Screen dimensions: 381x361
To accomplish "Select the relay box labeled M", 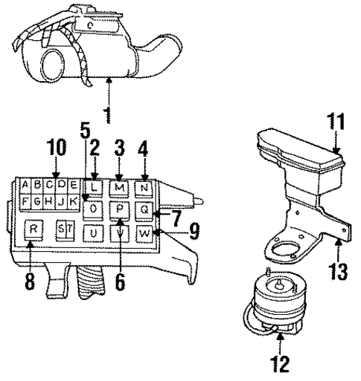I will (x=120, y=186).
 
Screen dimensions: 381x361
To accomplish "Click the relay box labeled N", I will (x=144, y=186).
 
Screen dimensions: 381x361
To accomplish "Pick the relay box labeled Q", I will (x=144, y=210).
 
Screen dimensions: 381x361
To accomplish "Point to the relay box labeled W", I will (x=145, y=234).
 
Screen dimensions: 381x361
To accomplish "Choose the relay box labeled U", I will (x=94, y=234).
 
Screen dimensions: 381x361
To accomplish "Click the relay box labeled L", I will (x=93, y=186).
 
